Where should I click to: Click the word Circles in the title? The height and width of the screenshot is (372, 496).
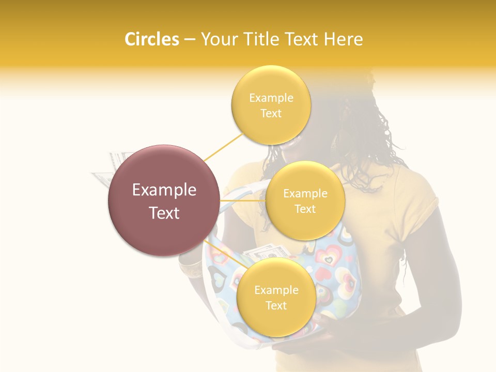[x=151, y=39]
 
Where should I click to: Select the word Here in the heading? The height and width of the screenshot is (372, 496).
[x=344, y=39]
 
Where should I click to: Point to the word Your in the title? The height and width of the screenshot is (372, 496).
[x=218, y=39]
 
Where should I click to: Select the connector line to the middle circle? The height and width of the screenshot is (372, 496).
[x=243, y=199]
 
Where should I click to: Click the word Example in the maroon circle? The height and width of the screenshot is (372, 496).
[x=164, y=190]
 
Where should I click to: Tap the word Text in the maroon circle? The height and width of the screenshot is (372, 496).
[x=164, y=213]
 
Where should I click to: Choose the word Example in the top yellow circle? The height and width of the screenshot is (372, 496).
[x=271, y=98]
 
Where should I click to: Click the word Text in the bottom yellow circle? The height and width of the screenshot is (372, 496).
[x=276, y=305]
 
